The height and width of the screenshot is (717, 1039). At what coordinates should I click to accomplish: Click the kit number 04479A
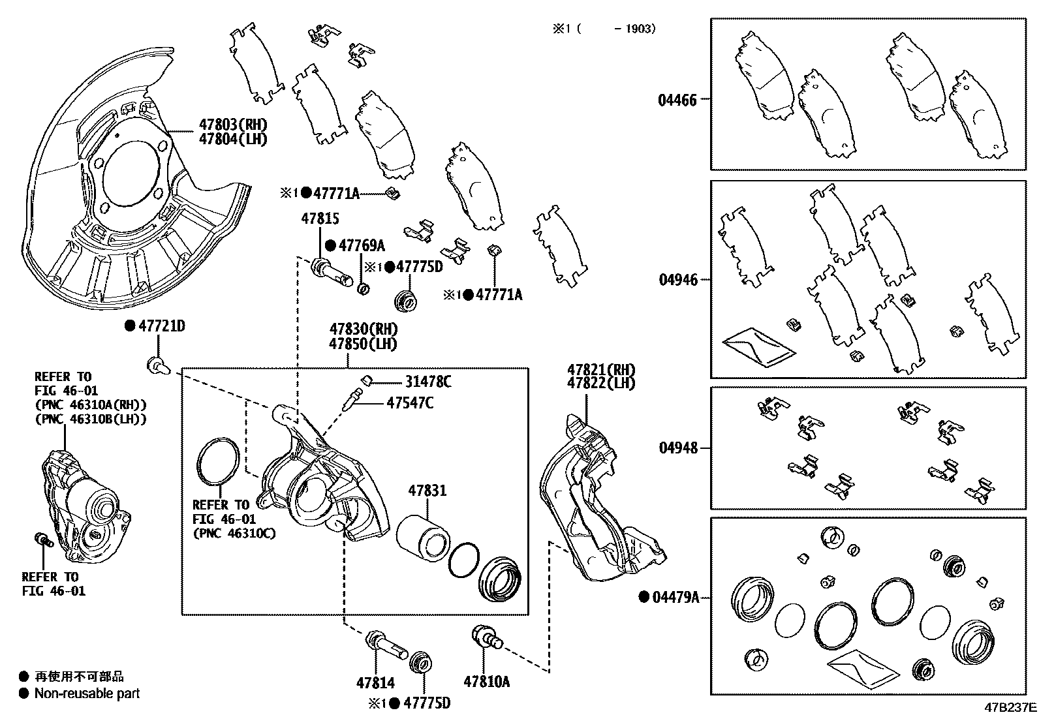coord(675,597)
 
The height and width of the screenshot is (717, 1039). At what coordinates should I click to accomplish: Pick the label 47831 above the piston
coord(427,490)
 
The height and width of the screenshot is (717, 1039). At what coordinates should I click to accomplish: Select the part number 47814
coord(375,683)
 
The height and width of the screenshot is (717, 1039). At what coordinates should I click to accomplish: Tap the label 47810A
coord(486,682)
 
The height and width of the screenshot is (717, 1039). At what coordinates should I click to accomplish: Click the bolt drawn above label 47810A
coord(486,637)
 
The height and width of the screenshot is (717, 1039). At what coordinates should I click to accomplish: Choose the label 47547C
coord(410,403)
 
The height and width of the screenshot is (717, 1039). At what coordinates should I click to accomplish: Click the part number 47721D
coord(161,326)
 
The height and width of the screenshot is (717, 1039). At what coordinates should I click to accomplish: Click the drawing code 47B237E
coord(1010,707)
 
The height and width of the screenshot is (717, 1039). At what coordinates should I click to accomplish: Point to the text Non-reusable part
coord(87,694)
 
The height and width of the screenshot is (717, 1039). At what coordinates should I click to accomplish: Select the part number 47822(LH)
coord(600,383)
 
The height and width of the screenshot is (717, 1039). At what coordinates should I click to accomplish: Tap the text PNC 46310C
coord(234,533)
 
